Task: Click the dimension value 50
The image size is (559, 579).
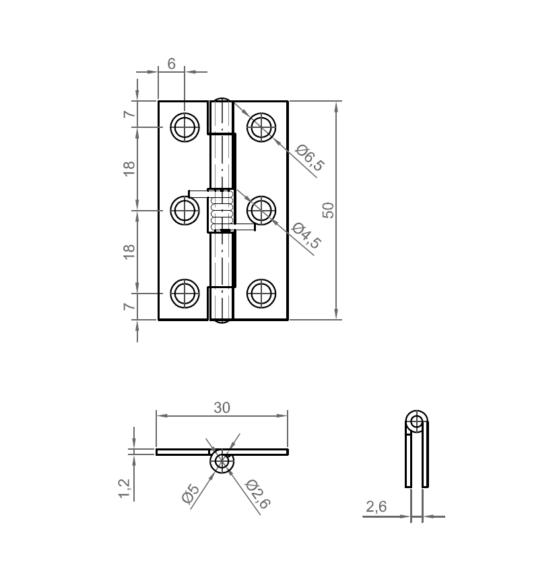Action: pos(329,209)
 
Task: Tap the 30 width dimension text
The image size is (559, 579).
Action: pos(222,407)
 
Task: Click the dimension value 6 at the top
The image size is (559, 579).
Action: pos(171,64)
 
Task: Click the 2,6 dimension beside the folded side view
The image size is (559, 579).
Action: pos(376,507)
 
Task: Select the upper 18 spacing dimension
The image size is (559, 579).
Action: pos(129,168)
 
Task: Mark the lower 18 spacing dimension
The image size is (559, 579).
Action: pos(129,251)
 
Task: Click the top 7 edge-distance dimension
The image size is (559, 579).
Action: pos(129,114)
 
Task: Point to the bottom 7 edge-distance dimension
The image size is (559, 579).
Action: pos(129,306)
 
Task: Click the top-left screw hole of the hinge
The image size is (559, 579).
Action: pos(184,127)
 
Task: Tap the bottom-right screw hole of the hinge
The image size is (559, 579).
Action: pos(261,294)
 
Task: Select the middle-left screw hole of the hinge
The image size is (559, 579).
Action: pos(184,211)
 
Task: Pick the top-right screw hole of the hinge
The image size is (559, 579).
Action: pos(261,126)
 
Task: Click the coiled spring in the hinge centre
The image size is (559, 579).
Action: pos(222,209)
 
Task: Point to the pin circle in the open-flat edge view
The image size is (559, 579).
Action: pos(222,462)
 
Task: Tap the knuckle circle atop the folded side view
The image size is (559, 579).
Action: pos(416,423)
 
